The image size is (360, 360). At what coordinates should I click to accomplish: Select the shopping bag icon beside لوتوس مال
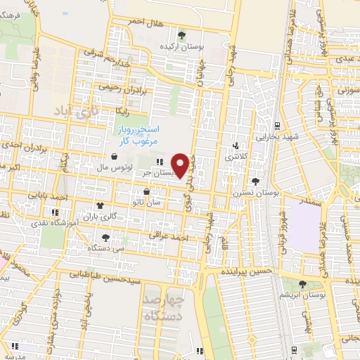click(x=114, y=157)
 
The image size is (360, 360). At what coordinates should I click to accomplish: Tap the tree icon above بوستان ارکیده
click(x=182, y=34)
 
